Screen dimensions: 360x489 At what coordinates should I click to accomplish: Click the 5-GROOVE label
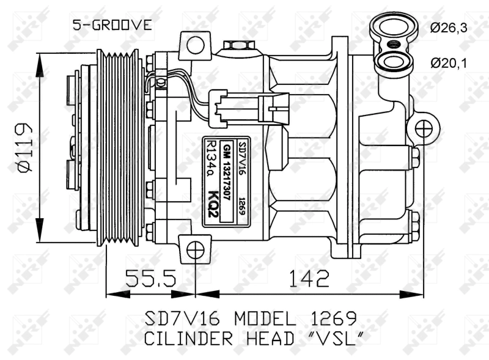(x=111, y=25)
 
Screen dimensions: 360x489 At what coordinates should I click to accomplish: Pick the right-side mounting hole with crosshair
(x=424, y=128)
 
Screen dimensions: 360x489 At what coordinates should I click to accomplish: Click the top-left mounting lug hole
(x=195, y=45)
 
